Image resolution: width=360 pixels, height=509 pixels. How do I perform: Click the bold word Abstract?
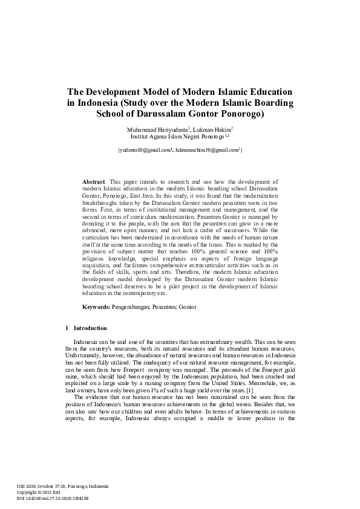pos(93,181)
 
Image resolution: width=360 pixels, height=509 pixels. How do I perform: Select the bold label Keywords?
pos(96,307)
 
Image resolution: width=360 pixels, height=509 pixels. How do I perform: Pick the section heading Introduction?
pos(90,328)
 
